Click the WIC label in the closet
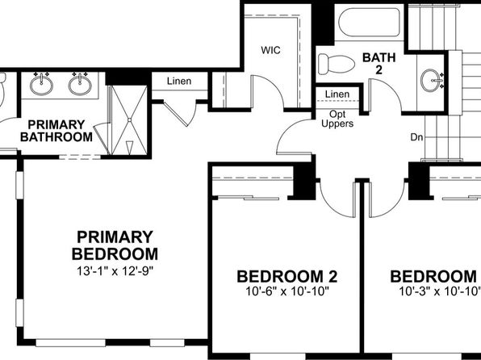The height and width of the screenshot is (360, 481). [x=270, y=50]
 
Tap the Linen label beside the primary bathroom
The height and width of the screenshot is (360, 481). [x=179, y=81]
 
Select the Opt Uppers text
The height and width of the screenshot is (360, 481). [x=337, y=119]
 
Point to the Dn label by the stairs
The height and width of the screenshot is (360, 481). [x=416, y=137]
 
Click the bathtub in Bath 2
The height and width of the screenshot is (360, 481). [x=369, y=23]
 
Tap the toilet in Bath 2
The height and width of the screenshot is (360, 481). [x=337, y=64]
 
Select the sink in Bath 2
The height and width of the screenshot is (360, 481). [x=430, y=81]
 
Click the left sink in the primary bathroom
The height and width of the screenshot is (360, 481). [x=41, y=85]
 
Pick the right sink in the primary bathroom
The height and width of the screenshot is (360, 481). [x=80, y=85]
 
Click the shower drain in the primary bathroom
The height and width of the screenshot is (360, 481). [x=130, y=119]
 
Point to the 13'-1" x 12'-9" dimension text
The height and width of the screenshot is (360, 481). [x=115, y=271]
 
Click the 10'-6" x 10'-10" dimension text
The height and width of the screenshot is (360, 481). [x=287, y=291]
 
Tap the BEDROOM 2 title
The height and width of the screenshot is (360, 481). [x=287, y=277]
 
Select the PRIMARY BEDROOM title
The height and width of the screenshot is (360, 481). [x=115, y=245]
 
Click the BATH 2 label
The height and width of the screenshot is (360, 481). [x=379, y=64]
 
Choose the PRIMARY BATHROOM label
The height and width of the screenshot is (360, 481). [x=56, y=131]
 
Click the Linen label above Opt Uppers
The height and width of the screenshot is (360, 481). [x=337, y=94]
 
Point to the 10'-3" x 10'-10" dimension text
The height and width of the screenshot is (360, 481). [x=439, y=291]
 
